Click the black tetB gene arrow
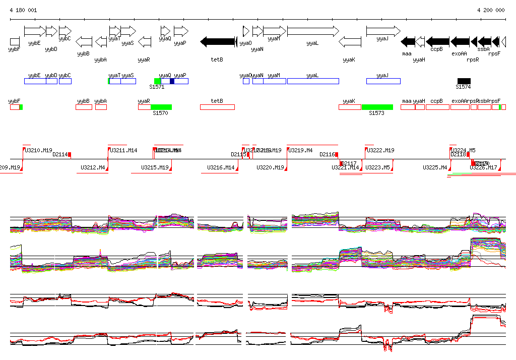coord(218,41)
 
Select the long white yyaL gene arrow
coord(312,31)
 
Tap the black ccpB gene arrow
coord(438,41)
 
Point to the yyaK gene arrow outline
coord(350,41)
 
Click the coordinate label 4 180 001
coord(23,10)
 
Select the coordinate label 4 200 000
coord(491,10)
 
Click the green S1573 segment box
coord(377,107)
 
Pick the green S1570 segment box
coord(161,107)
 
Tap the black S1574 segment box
coord(464,81)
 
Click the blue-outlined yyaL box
coord(312,81)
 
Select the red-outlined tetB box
coord(217,107)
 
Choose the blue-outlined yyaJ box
coord(383,81)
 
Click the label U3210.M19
coord(39,150)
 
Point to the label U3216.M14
coord(221,167)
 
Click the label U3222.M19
coord(380,150)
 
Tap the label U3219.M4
coord(301,150)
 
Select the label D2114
coord(60,154)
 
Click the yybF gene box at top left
coord(15,41)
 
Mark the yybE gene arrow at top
coord(35,31)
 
